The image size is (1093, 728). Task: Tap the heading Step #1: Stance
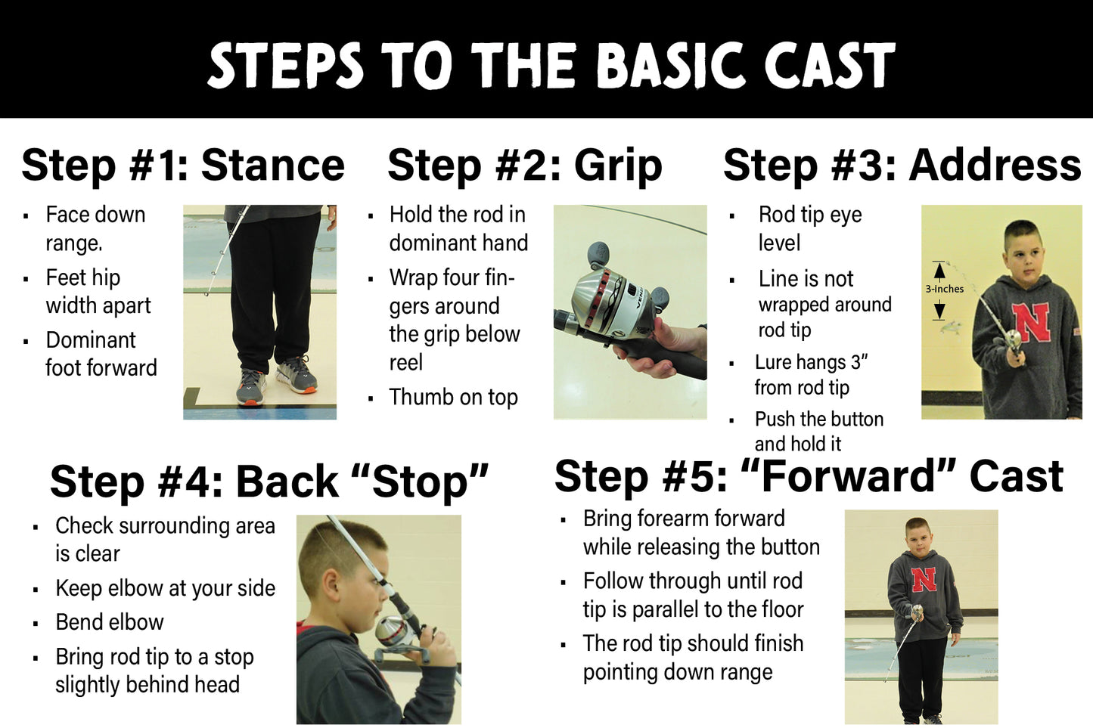(182, 165)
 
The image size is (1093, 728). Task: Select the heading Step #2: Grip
(524, 165)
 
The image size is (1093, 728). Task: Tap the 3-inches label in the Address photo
(944, 289)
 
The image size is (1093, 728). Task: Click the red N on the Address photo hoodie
(1032, 322)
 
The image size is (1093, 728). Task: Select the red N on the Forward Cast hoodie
(924, 580)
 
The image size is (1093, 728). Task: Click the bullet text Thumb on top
(453, 397)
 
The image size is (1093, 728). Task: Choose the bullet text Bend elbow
(110, 622)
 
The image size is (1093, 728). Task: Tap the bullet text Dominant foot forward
(101, 354)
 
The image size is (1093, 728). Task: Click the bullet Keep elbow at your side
(165, 588)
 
